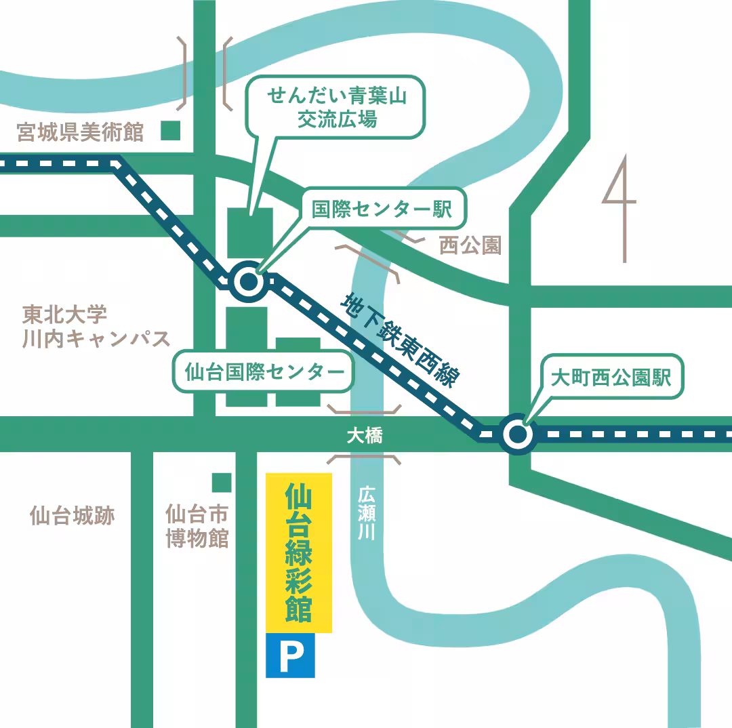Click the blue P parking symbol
(290, 655)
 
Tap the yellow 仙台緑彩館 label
(299, 552)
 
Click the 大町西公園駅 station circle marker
(517, 434)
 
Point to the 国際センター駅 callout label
(382, 209)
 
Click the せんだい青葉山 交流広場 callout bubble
(336, 106)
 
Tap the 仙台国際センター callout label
(264, 371)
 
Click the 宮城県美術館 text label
(81, 132)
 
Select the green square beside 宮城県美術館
(171, 130)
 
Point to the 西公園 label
(470, 245)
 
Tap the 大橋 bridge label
(364, 436)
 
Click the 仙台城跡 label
(72, 516)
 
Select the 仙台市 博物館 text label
(197, 526)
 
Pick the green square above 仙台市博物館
(221, 482)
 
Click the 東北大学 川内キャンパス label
(95, 327)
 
